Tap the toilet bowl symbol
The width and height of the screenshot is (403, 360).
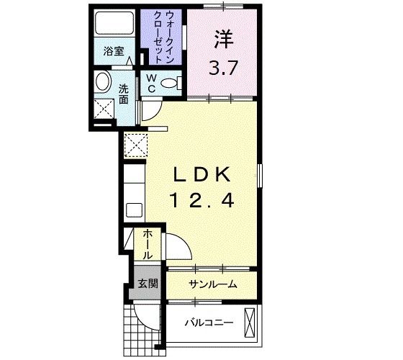point(171,84)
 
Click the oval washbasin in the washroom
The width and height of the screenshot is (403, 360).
point(102,81)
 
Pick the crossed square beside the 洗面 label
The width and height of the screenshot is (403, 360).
point(104,110)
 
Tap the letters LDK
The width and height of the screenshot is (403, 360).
point(202,175)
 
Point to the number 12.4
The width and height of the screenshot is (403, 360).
point(202,202)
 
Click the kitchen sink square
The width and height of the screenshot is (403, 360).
point(134,210)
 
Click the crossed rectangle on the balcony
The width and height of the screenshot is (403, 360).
point(250,323)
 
